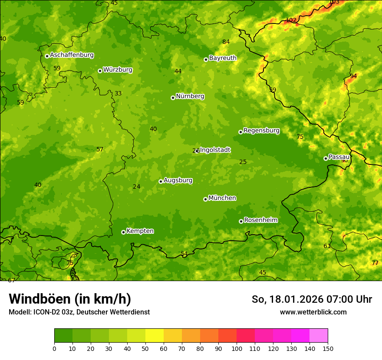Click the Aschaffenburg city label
tap(72, 55)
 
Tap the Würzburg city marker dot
tap(100, 71)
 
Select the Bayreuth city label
tap(223, 58)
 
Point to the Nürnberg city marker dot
tap(173, 98)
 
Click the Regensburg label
tap(261, 131)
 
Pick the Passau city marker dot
tap(326, 158)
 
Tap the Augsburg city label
tap(178, 180)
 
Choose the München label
tap(222, 198)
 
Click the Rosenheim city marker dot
tap(241, 221)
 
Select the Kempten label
tap(140, 231)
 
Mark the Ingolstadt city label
tap(215, 150)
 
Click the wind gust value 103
tap(334, 2)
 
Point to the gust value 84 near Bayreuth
tap(226, 42)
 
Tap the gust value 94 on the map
tap(353, 76)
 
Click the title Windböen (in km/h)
tap(70, 299)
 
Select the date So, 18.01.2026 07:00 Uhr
tap(312, 299)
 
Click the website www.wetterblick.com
tap(313, 312)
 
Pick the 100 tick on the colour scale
tap(237, 348)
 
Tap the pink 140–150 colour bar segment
tap(319, 335)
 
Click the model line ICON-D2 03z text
tap(79, 312)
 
